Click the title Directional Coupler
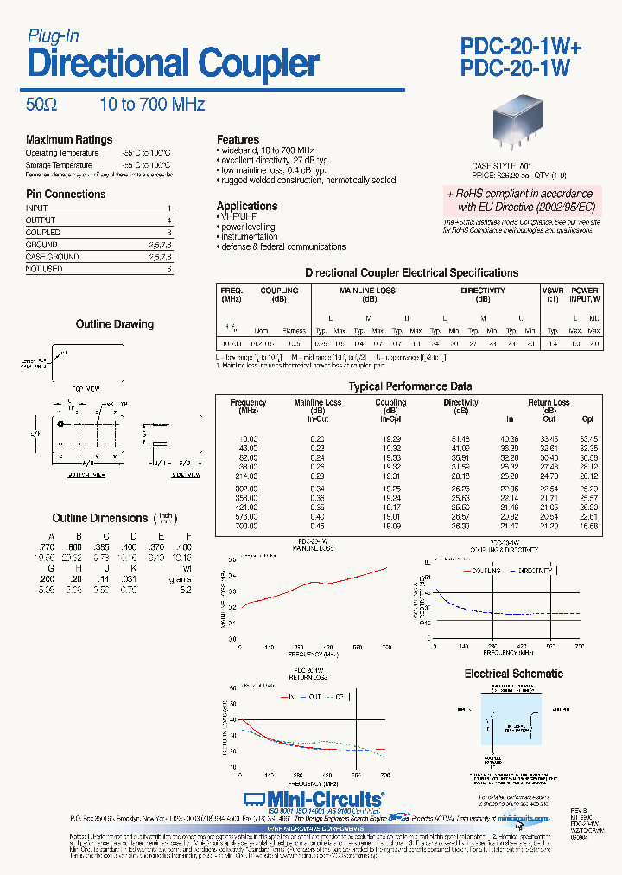point(173,65)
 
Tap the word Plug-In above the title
point(54,35)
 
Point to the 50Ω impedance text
point(41,105)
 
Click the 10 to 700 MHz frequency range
point(152,105)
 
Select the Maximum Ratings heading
point(69,139)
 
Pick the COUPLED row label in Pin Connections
point(43,233)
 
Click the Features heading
point(238,139)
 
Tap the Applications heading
point(246,207)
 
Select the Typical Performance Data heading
point(410,386)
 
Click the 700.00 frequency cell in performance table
point(248,526)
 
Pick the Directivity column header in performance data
point(460,403)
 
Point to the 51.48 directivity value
point(460,439)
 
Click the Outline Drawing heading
point(115,324)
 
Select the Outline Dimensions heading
point(100,518)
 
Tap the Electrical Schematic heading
point(513,674)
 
